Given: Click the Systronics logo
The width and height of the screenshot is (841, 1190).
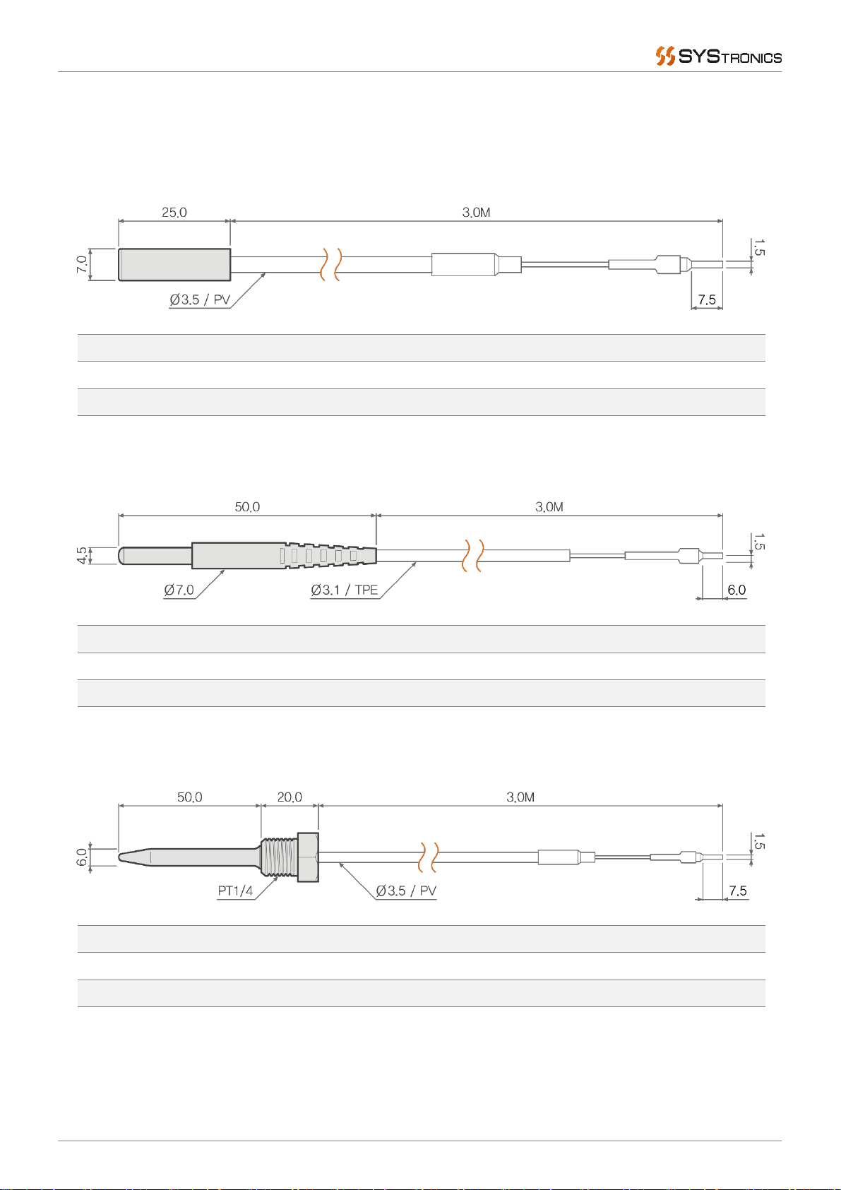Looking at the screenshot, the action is click(718, 56).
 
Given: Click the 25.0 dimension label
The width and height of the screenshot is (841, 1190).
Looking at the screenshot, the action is click(174, 213).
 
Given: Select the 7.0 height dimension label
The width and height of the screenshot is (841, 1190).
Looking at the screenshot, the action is click(81, 264).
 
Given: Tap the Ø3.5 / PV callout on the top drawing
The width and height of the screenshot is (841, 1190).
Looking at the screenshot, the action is click(200, 299).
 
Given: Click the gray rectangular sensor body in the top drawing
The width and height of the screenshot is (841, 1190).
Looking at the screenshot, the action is click(174, 265).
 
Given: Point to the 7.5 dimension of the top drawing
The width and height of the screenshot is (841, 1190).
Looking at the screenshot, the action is click(707, 299).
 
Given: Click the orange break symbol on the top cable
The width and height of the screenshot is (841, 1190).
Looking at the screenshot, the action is click(330, 264).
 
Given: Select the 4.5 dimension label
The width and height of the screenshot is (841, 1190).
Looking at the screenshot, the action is click(81, 556).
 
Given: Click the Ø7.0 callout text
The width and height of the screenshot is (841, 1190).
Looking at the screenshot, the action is click(179, 590).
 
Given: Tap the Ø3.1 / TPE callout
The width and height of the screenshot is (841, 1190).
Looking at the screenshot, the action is click(345, 590).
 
